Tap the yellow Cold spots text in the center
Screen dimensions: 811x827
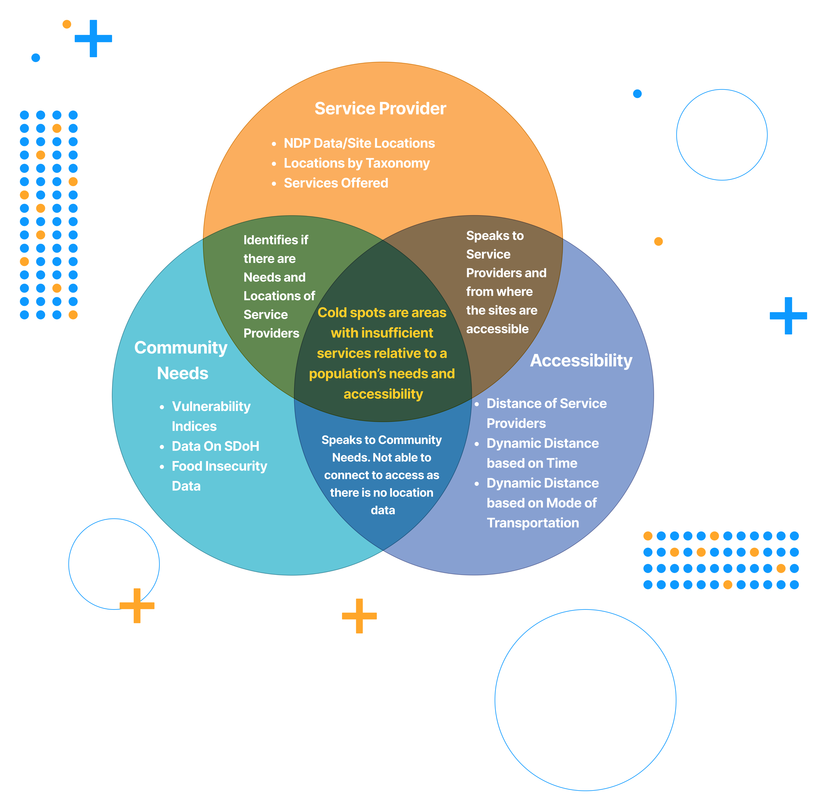pos(382,353)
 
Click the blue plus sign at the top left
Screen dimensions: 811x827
pos(93,38)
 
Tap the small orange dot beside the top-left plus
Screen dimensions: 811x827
pos(67,24)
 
